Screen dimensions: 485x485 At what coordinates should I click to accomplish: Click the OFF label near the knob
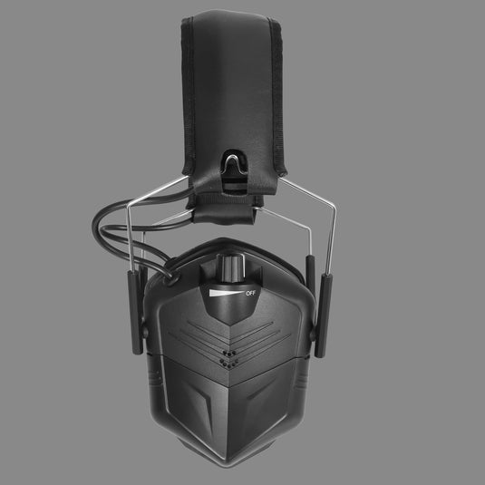[250, 293]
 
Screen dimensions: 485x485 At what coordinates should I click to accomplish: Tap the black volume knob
[231, 267]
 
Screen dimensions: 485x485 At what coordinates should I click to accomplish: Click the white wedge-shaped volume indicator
[226, 293]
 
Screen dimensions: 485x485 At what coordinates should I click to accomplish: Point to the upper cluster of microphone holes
[229, 354]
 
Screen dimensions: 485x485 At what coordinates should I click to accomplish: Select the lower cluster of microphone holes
[228, 364]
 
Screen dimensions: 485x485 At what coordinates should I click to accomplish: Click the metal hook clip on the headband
[235, 164]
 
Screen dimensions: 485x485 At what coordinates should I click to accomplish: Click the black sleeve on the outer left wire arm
[135, 312]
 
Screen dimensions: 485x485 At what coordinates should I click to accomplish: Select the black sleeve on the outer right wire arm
[324, 315]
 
